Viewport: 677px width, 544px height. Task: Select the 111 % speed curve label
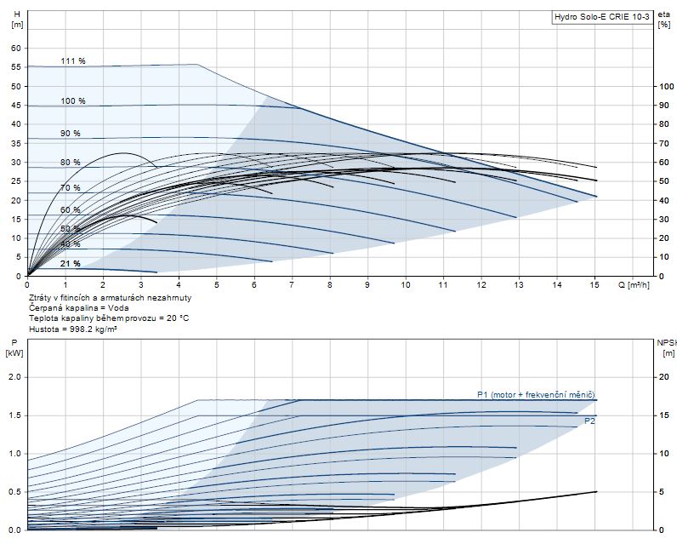coord(73,61)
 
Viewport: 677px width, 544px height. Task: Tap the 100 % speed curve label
coord(73,101)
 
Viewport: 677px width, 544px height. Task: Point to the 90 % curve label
coord(71,134)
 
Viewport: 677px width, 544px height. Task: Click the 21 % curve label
coord(71,264)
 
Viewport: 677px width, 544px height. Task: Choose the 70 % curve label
coord(71,188)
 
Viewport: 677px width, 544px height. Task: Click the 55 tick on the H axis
coord(15,67)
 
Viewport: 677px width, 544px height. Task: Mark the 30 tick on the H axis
coord(15,162)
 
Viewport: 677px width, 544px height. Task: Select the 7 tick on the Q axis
coord(292,284)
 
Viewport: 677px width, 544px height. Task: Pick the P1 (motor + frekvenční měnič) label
coord(535,394)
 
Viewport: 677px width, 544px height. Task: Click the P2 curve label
coord(589,421)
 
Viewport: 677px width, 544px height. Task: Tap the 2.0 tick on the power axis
coord(14,377)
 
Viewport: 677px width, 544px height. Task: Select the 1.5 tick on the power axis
coord(14,415)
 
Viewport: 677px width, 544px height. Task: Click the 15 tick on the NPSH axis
coord(665,415)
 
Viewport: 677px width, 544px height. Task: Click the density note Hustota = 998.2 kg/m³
coord(73,328)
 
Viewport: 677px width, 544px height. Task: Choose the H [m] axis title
coord(15,20)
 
